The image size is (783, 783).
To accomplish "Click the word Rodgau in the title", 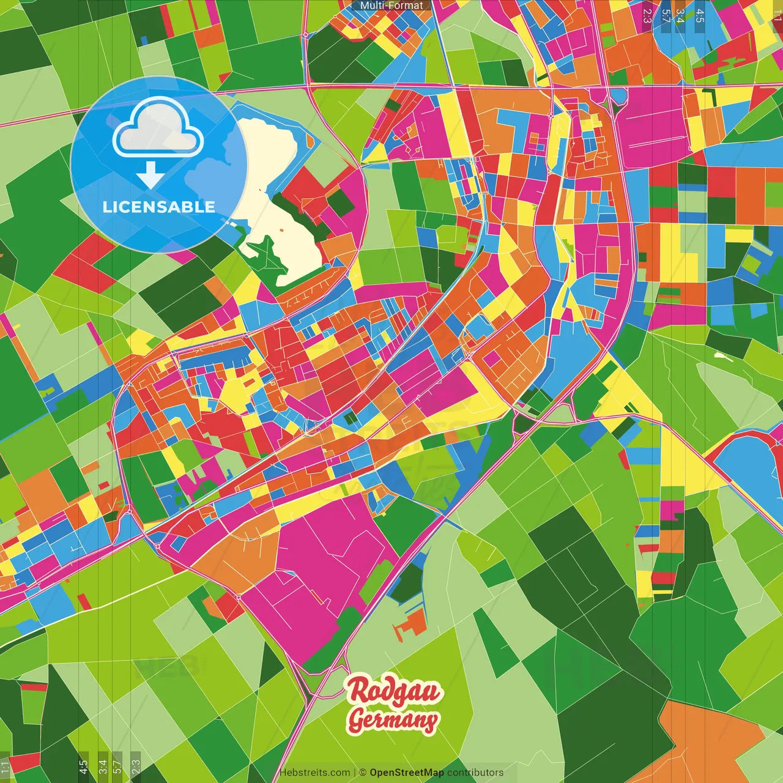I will pyautogui.click(x=394, y=691).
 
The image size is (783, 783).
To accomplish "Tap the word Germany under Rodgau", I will pyautogui.click(x=393, y=720).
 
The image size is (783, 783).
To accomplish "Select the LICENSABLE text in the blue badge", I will pyautogui.click(x=159, y=207).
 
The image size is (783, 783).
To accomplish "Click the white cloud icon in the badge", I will pyautogui.click(x=158, y=128).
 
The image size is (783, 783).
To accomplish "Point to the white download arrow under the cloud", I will pyautogui.click(x=150, y=174).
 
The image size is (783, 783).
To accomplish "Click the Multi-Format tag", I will pyautogui.click(x=391, y=6).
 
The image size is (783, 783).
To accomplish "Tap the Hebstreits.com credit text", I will pyautogui.click(x=314, y=773).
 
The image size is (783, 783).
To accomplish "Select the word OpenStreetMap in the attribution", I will pyautogui.click(x=407, y=773).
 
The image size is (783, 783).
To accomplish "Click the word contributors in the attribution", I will pyautogui.click(x=475, y=773).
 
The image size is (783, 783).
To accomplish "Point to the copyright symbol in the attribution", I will pyautogui.click(x=363, y=773).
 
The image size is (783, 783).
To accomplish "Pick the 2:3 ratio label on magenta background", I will pyautogui.click(x=647, y=16).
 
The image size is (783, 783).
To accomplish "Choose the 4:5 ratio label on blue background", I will pyautogui.click(x=700, y=16).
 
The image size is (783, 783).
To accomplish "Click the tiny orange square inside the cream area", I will pyautogui.click(x=281, y=230).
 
